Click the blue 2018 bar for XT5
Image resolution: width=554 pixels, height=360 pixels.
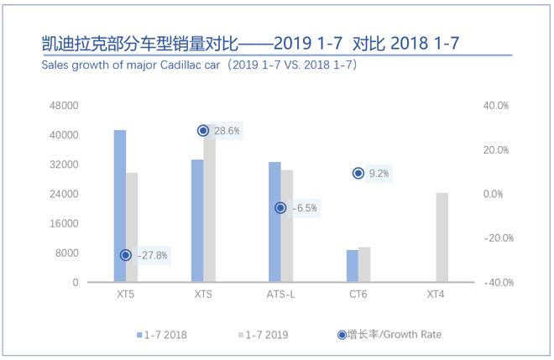click(120, 206)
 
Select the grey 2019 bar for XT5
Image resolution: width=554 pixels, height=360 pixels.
click(132, 227)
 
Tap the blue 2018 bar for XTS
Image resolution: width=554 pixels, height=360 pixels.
click(197, 221)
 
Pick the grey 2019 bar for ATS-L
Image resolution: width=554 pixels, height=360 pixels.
click(287, 226)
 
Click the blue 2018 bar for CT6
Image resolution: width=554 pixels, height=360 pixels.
click(353, 266)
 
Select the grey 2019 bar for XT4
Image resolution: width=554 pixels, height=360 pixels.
click(442, 237)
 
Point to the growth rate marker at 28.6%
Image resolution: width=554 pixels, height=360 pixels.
click(203, 131)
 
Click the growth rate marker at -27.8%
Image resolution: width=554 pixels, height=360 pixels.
click(126, 255)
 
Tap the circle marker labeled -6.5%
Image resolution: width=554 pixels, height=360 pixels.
click(280, 208)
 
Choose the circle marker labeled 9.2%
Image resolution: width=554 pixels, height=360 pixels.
click(358, 173)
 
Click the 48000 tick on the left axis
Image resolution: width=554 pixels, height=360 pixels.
click(87, 106)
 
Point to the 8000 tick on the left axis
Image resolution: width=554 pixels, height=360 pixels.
click(90, 253)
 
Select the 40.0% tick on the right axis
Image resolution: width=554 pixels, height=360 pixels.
click(496, 106)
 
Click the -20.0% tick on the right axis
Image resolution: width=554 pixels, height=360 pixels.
click(494, 238)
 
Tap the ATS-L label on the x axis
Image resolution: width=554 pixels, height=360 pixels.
click(280, 295)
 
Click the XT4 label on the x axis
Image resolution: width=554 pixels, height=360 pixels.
click(436, 295)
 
